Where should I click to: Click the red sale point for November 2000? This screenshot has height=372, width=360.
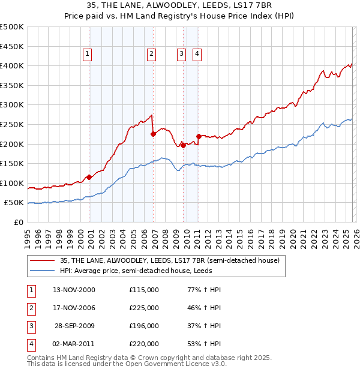pyautogui.click(x=89, y=177)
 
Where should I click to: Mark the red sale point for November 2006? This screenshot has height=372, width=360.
pyautogui.click(x=153, y=134)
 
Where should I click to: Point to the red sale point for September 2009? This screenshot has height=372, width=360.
pyautogui.click(x=183, y=145)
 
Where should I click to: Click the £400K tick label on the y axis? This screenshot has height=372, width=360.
pyautogui.click(x=12, y=65)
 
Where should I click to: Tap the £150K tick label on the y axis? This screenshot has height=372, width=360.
pyautogui.click(x=12, y=163)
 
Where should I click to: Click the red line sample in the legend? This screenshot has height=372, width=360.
pyautogui.click(x=42, y=261)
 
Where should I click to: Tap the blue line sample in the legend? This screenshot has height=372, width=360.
pyautogui.click(x=42, y=271)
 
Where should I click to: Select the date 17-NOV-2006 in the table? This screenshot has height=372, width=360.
pyautogui.click(x=74, y=308)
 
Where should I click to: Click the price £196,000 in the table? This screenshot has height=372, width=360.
pyautogui.click(x=144, y=326)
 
